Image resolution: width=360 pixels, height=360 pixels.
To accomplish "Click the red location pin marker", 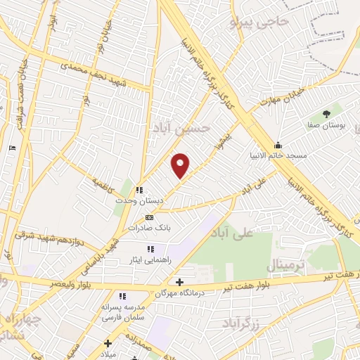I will (x=181, y=165).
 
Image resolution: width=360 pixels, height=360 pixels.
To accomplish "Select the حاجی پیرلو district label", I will (x=259, y=22).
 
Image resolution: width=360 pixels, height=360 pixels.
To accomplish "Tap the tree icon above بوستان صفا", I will (x=326, y=112).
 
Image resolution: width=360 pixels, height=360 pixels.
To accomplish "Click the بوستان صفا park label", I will (x=326, y=124).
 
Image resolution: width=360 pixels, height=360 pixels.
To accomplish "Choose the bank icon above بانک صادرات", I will (x=149, y=217).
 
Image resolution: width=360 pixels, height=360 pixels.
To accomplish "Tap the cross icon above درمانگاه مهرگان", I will (x=180, y=282).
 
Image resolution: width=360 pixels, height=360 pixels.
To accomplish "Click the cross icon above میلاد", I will (x=108, y=344).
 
